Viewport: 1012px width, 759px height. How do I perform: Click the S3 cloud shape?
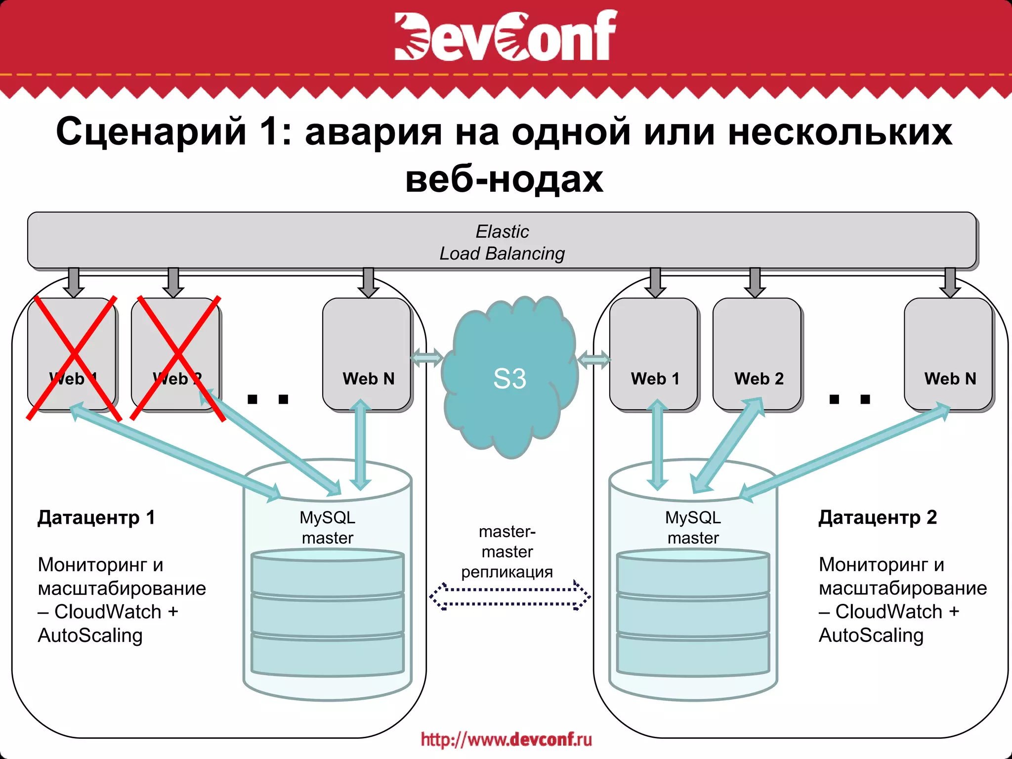(510, 378)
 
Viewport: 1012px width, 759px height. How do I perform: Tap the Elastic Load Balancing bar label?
(502, 242)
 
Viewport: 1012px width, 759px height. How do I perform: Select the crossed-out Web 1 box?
(72, 354)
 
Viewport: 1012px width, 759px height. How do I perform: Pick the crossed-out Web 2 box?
(176, 354)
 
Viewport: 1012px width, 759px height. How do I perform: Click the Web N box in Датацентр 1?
(367, 354)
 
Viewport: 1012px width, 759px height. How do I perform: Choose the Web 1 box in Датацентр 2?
(654, 354)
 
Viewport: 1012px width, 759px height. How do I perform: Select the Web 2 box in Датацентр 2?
(758, 354)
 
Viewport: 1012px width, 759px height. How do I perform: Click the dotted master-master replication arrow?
(510, 596)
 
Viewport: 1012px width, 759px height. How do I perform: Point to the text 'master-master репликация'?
(507, 551)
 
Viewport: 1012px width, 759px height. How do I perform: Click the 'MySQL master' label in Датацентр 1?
(328, 527)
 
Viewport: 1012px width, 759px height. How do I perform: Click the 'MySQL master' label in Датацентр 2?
(693, 527)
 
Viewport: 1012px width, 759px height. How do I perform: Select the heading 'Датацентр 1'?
(96, 517)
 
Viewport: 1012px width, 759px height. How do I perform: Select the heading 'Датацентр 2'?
(878, 517)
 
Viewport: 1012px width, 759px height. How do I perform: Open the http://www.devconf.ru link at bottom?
(506, 739)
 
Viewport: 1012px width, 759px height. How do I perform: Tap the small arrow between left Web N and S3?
(426, 358)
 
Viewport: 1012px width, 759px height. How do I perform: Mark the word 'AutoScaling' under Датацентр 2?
(871, 635)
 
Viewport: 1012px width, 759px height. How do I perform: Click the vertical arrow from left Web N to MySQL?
(360, 445)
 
